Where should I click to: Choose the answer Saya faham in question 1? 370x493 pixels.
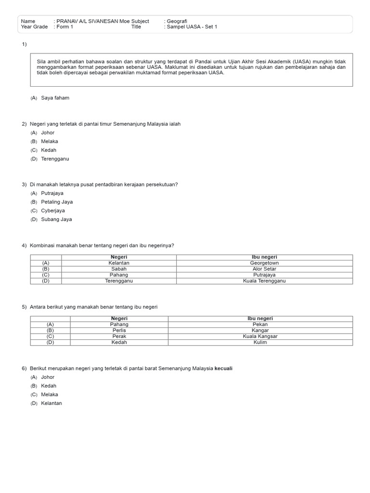pos(55,98)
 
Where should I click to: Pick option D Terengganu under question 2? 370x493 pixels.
pos(55,159)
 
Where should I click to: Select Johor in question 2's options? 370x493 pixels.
pos(48,133)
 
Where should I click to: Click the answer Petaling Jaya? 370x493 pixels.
pos(57,202)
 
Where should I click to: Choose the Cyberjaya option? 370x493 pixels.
pos(53,211)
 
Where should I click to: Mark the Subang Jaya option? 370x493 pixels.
pos(56,220)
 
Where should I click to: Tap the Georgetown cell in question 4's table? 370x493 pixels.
pos(264,263)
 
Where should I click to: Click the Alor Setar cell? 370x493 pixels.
pos(264,269)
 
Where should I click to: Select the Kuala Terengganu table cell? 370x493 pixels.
pos(264,281)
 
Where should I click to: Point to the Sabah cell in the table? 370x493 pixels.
pos(119,269)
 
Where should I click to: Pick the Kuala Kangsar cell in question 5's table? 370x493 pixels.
pos(260,337)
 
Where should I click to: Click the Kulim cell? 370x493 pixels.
pos(260,342)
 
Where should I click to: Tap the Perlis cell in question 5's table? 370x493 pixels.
pos(119,331)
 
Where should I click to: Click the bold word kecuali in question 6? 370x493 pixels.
pos(224,369)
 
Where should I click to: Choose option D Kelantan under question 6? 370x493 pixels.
pos(52,403)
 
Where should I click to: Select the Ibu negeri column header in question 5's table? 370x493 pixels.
pos(260,319)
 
